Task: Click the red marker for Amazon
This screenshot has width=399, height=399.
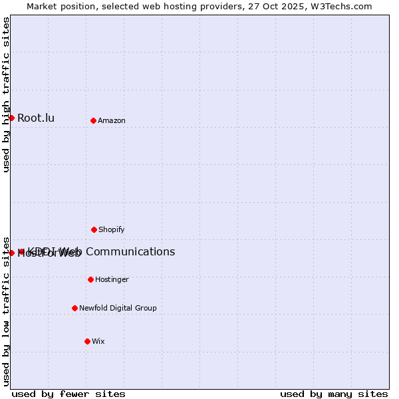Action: pos(93,120)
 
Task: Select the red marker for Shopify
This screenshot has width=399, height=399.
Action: pos(94,229)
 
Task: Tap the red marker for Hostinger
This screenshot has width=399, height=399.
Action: pos(90,279)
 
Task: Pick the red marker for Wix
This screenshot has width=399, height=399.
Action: pos(87,341)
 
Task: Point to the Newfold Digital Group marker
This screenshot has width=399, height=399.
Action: pos(74,308)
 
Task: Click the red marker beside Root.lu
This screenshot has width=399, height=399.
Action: pos(11,118)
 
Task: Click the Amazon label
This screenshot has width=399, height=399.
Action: pos(112,120)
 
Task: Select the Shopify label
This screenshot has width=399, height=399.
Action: pos(112,229)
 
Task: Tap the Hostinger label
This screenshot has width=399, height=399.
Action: pos(112,279)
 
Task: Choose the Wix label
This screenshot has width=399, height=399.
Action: pos(98,341)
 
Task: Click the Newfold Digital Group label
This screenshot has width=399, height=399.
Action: pos(118,308)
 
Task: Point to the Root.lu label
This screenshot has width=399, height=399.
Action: pos(36,118)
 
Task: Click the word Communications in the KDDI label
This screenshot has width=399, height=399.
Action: pos(130,251)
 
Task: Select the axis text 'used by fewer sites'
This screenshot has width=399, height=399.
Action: pos(68,394)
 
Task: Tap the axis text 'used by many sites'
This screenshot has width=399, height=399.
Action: pos(334,394)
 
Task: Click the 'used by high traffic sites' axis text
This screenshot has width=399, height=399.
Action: pos(6,94)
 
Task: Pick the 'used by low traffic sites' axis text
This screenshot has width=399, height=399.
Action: pos(6,311)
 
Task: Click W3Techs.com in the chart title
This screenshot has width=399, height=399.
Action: pos(343,6)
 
